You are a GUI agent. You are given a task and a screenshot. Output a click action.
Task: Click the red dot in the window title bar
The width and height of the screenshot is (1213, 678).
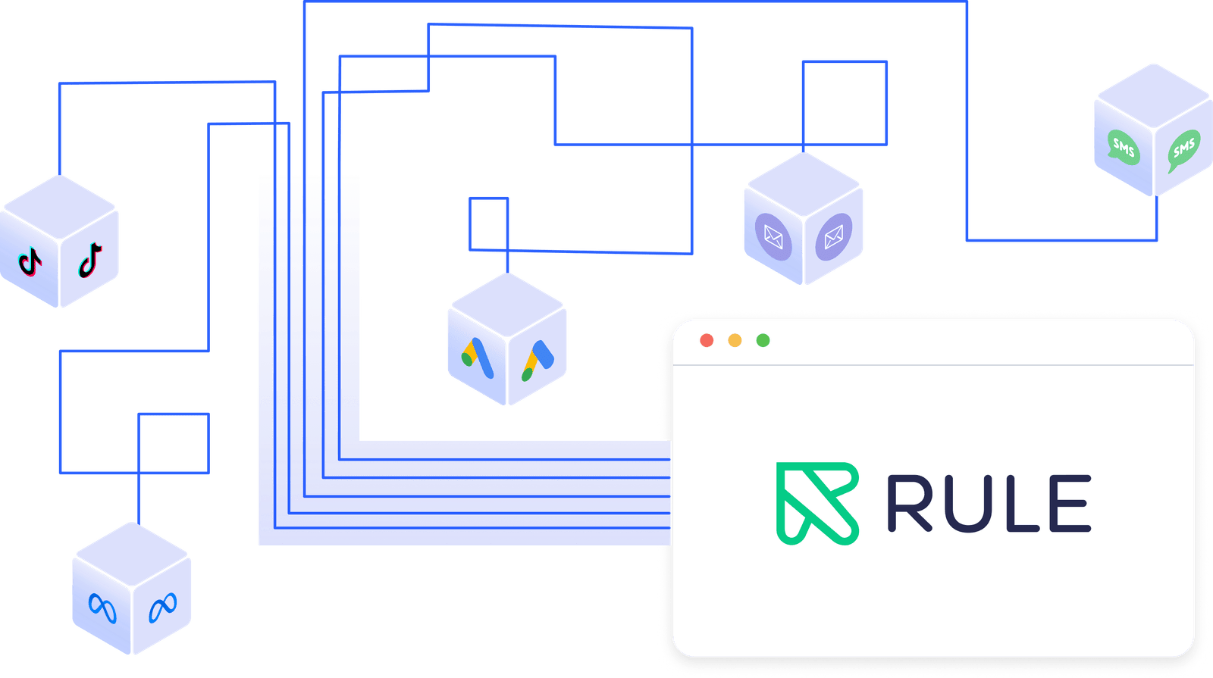pyautogui.click(x=707, y=340)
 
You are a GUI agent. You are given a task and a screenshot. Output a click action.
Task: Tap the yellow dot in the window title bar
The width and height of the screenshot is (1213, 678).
pyautogui.click(x=735, y=340)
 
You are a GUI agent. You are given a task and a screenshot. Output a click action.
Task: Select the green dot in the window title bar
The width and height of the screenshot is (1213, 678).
pyautogui.click(x=763, y=340)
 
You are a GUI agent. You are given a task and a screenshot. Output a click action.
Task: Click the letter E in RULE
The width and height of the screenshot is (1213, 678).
pyautogui.click(x=1071, y=503)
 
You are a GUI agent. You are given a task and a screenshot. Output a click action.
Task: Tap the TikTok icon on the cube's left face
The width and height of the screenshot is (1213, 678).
pyautogui.click(x=30, y=262)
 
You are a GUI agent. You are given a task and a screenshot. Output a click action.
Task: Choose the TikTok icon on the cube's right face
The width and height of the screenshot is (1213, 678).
pyautogui.click(x=90, y=261)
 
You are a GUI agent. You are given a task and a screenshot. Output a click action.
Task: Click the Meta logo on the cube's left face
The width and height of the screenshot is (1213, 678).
pyautogui.click(x=102, y=608)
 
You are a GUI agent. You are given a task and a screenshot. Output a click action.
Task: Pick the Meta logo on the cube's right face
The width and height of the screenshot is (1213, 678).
pyautogui.click(x=162, y=607)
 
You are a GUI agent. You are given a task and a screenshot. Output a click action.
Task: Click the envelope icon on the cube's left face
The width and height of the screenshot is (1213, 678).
pyautogui.click(x=773, y=237)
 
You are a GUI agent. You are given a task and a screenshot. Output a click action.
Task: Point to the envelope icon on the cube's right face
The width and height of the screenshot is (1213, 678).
pyautogui.click(x=833, y=237)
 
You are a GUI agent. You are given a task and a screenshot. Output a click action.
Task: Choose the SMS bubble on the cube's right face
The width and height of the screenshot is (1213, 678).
pyautogui.click(x=1183, y=148)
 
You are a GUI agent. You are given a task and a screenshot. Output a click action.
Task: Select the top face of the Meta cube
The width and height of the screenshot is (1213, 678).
pyautogui.click(x=132, y=555)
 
